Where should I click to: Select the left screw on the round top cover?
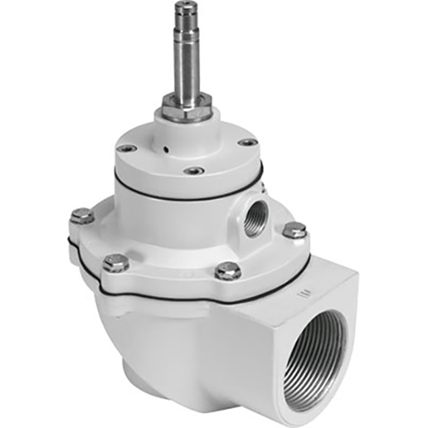pyautogui.click(x=128, y=148)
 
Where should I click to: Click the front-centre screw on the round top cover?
pyautogui.click(x=195, y=169)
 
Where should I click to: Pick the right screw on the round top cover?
pyautogui.click(x=247, y=142)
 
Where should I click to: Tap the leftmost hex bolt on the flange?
pyautogui.click(x=82, y=215)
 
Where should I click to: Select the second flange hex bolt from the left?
pyautogui.click(x=115, y=262)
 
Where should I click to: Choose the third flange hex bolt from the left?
pyautogui.click(x=228, y=269)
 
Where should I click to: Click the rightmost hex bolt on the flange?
pyautogui.click(x=295, y=230)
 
